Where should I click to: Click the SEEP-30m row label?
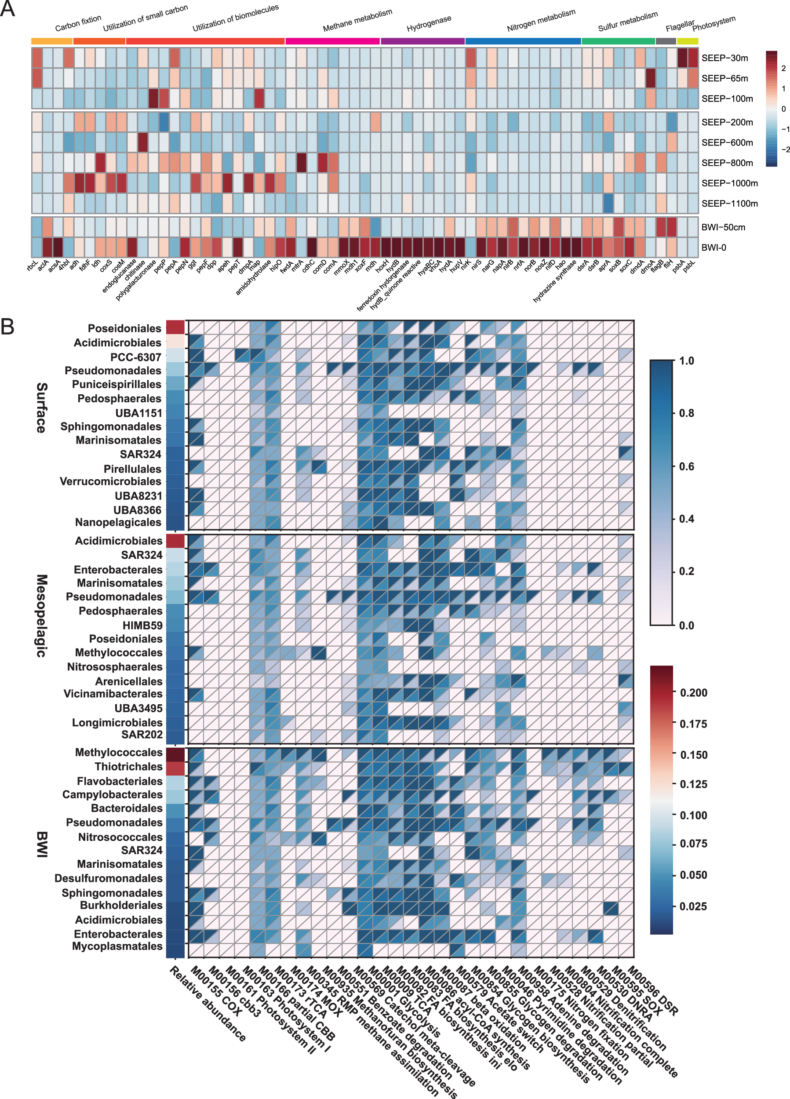click(x=724, y=58)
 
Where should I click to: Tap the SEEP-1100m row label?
click(x=729, y=204)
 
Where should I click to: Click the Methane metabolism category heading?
click(x=358, y=21)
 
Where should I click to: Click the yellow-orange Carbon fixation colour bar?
click(x=52, y=41)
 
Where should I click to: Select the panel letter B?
click(x=7, y=327)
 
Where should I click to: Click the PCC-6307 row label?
click(x=136, y=357)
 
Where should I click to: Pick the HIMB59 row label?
click(x=142, y=625)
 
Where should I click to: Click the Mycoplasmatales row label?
click(x=117, y=946)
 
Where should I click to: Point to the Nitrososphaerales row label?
click(x=114, y=667)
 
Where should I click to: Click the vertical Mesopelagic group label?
click(x=42, y=615)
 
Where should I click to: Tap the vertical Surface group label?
click(x=42, y=408)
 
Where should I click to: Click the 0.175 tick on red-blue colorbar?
click(x=693, y=724)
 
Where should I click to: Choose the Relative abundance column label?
click(x=208, y=1003)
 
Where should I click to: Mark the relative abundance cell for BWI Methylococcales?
click(x=175, y=754)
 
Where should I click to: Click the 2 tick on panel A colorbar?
click(x=783, y=68)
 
